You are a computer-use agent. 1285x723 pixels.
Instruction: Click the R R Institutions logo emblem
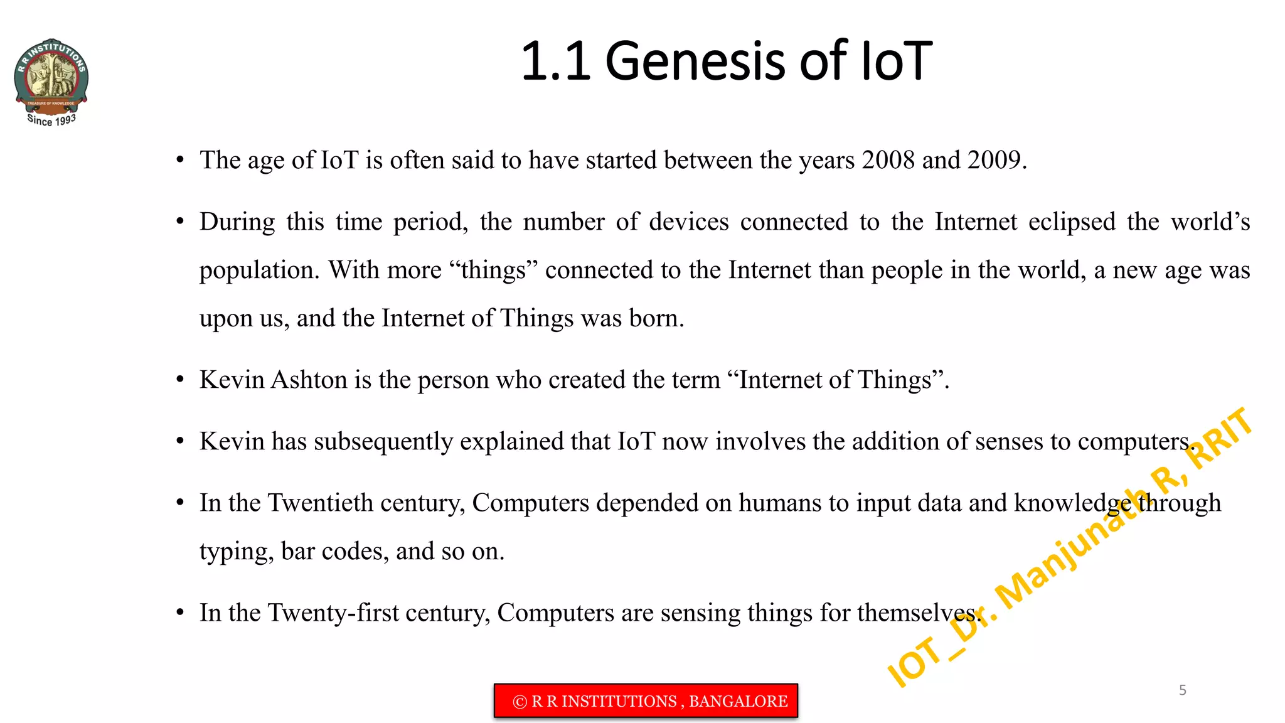tap(51, 78)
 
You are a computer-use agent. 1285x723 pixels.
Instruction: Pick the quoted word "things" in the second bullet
tap(494, 270)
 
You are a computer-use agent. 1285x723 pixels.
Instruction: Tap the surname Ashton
tap(309, 380)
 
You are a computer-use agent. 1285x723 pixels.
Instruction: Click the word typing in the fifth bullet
tap(236, 552)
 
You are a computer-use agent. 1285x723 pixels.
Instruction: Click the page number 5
tap(1182, 690)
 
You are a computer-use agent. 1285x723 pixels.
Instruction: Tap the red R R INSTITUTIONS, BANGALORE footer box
tap(646, 701)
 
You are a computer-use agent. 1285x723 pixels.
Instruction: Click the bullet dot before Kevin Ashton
tap(180, 380)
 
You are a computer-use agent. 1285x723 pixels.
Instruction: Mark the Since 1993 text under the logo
tap(51, 120)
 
